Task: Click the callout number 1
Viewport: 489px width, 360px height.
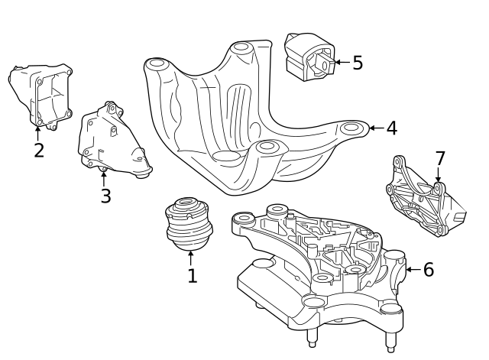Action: (x=192, y=276)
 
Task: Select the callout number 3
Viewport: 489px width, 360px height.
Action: (x=105, y=196)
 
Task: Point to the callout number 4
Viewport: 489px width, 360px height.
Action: (x=391, y=128)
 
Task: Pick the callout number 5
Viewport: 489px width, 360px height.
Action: (x=358, y=62)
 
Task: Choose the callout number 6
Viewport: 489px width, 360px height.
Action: (x=428, y=269)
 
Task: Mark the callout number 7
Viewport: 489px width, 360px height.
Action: (x=439, y=158)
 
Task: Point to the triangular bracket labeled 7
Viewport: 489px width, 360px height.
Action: (x=420, y=200)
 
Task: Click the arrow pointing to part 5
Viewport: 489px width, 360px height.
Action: (x=340, y=62)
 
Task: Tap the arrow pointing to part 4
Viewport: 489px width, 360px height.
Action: (x=375, y=128)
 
